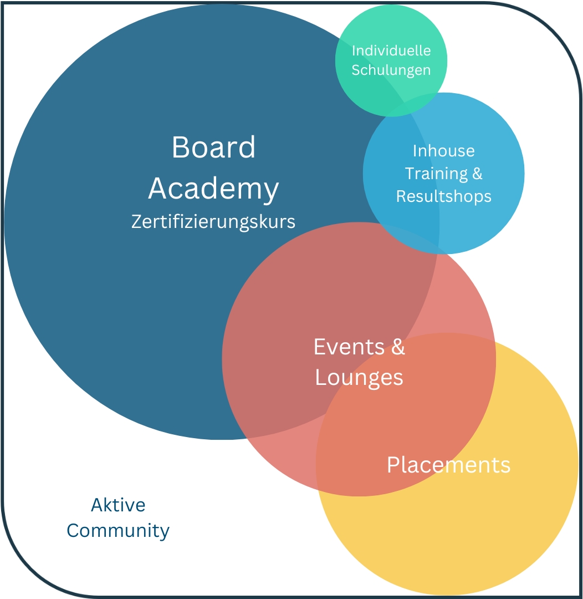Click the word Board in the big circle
click(x=213, y=148)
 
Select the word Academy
click(x=213, y=189)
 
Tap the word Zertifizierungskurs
click(x=213, y=222)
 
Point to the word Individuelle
click(x=391, y=50)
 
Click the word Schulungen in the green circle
click(x=391, y=70)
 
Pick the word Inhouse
click(x=443, y=151)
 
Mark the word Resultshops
click(x=443, y=196)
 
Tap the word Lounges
click(x=359, y=377)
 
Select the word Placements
click(x=448, y=465)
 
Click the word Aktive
click(x=118, y=505)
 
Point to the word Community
click(x=118, y=531)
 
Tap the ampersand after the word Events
click(x=398, y=347)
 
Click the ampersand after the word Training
click(x=477, y=174)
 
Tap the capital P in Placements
click(x=392, y=465)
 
